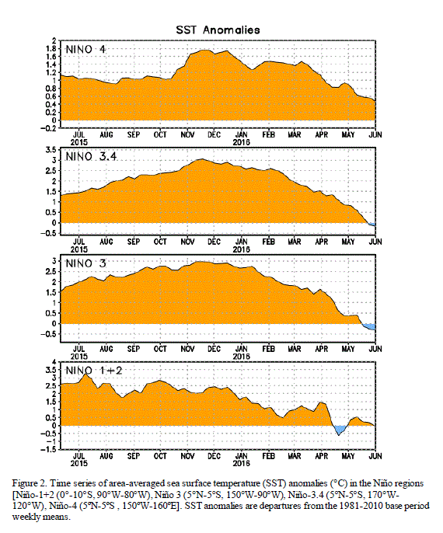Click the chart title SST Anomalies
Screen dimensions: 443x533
tap(218, 30)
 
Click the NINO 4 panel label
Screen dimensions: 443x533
tap(85, 49)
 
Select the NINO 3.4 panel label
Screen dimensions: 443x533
tap(91, 156)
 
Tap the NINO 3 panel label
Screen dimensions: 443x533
tap(85, 263)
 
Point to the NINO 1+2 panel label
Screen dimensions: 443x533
tap(93, 370)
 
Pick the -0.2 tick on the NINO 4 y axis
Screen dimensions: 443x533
tap(48, 128)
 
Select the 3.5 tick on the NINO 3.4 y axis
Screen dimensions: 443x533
tap(51, 149)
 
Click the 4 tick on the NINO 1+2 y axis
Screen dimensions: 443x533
tap(54, 362)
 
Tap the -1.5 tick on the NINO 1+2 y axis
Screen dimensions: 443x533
tap(48, 449)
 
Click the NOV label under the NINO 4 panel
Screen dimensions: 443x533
tap(187, 135)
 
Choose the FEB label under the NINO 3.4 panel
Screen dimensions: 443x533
tap(269, 242)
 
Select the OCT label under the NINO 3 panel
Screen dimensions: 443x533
tap(160, 349)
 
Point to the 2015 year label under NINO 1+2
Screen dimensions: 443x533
tap(78, 463)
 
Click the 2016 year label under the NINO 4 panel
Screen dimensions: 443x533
tap(242, 142)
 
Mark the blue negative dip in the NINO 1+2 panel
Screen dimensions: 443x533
tap(339, 430)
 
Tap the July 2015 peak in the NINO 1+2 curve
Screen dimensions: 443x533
tap(86, 374)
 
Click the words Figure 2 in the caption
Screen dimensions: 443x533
tap(25, 484)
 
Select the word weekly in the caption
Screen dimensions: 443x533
tap(23, 517)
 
